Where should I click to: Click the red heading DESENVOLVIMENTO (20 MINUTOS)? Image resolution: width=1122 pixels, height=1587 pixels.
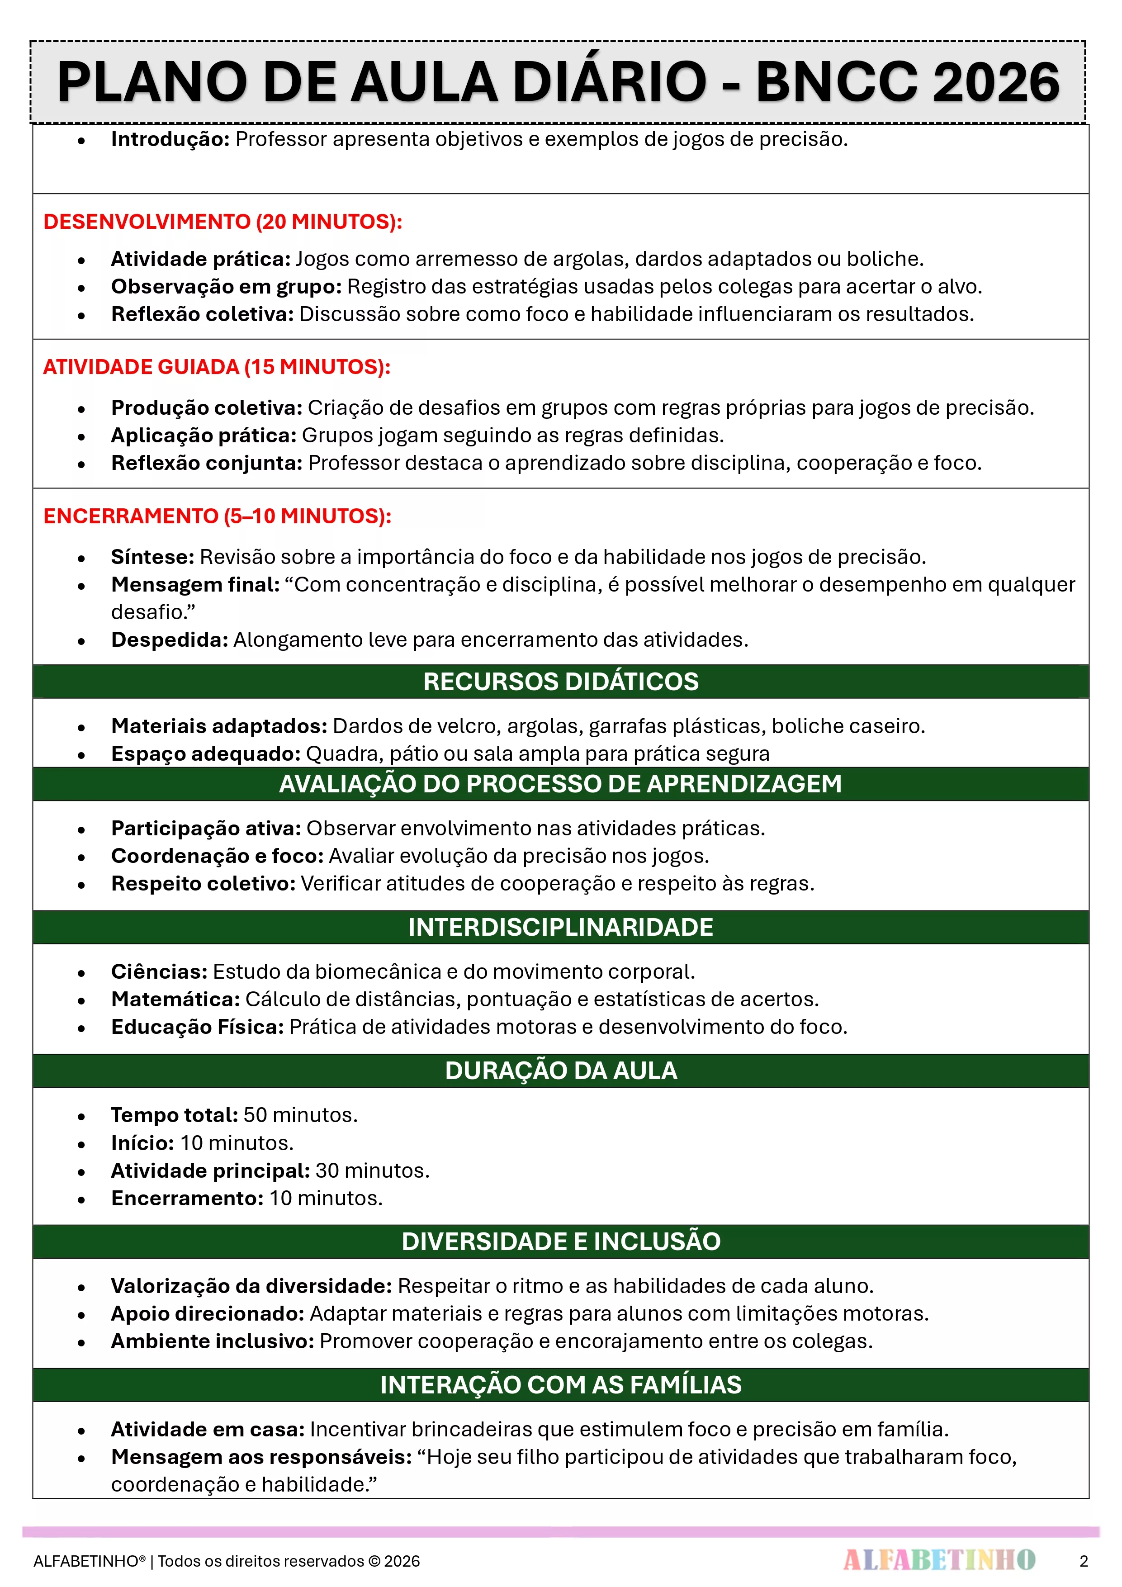(x=223, y=222)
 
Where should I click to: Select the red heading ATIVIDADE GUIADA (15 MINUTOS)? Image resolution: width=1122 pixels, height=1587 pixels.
(x=216, y=367)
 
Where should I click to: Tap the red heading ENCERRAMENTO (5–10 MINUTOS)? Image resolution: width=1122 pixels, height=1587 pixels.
(x=217, y=516)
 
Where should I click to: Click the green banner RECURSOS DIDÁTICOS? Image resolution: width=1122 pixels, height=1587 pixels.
(x=561, y=682)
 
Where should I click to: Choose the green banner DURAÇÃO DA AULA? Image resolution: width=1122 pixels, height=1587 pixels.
(x=561, y=1071)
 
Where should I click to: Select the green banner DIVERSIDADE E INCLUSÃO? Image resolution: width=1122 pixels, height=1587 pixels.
(x=561, y=1241)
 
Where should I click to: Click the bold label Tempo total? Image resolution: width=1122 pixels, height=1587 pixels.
(x=174, y=1115)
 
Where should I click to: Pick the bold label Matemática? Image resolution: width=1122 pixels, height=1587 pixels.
(x=175, y=1000)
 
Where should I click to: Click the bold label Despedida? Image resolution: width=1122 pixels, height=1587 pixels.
(x=170, y=640)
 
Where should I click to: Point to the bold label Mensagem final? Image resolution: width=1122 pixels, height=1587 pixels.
(x=195, y=585)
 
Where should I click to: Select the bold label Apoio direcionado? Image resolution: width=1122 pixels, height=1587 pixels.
(x=208, y=1313)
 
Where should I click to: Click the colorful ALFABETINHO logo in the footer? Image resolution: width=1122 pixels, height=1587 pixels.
(x=939, y=1560)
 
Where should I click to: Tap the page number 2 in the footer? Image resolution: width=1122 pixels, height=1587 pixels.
(x=1083, y=1561)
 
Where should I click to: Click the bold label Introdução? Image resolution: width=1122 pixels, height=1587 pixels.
(x=170, y=140)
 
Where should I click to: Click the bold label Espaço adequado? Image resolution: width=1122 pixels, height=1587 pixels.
(x=205, y=753)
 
